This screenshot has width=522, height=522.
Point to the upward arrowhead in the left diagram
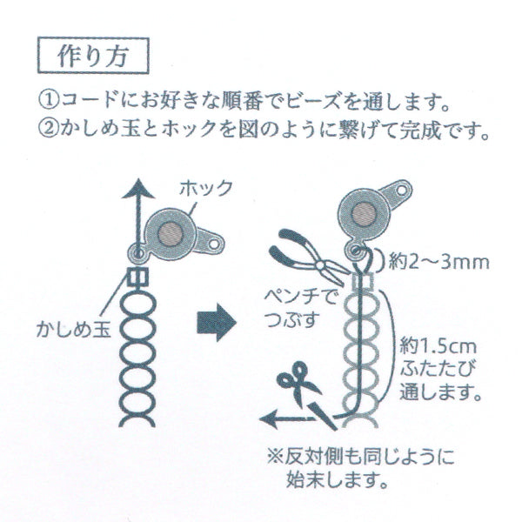(x=134, y=188)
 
